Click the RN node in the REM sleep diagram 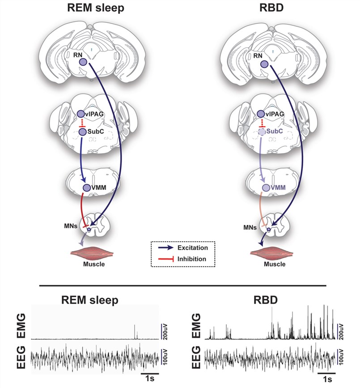pyautogui.click(x=84, y=64)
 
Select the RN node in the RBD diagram pyautogui.click(x=264, y=64)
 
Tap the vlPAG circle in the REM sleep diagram pyautogui.click(x=80, y=115)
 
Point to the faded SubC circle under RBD pyautogui.click(x=262, y=132)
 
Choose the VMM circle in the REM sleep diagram pyautogui.click(x=87, y=188)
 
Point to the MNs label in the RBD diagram pyautogui.click(x=250, y=227)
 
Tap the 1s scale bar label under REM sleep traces pyautogui.click(x=150, y=379)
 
